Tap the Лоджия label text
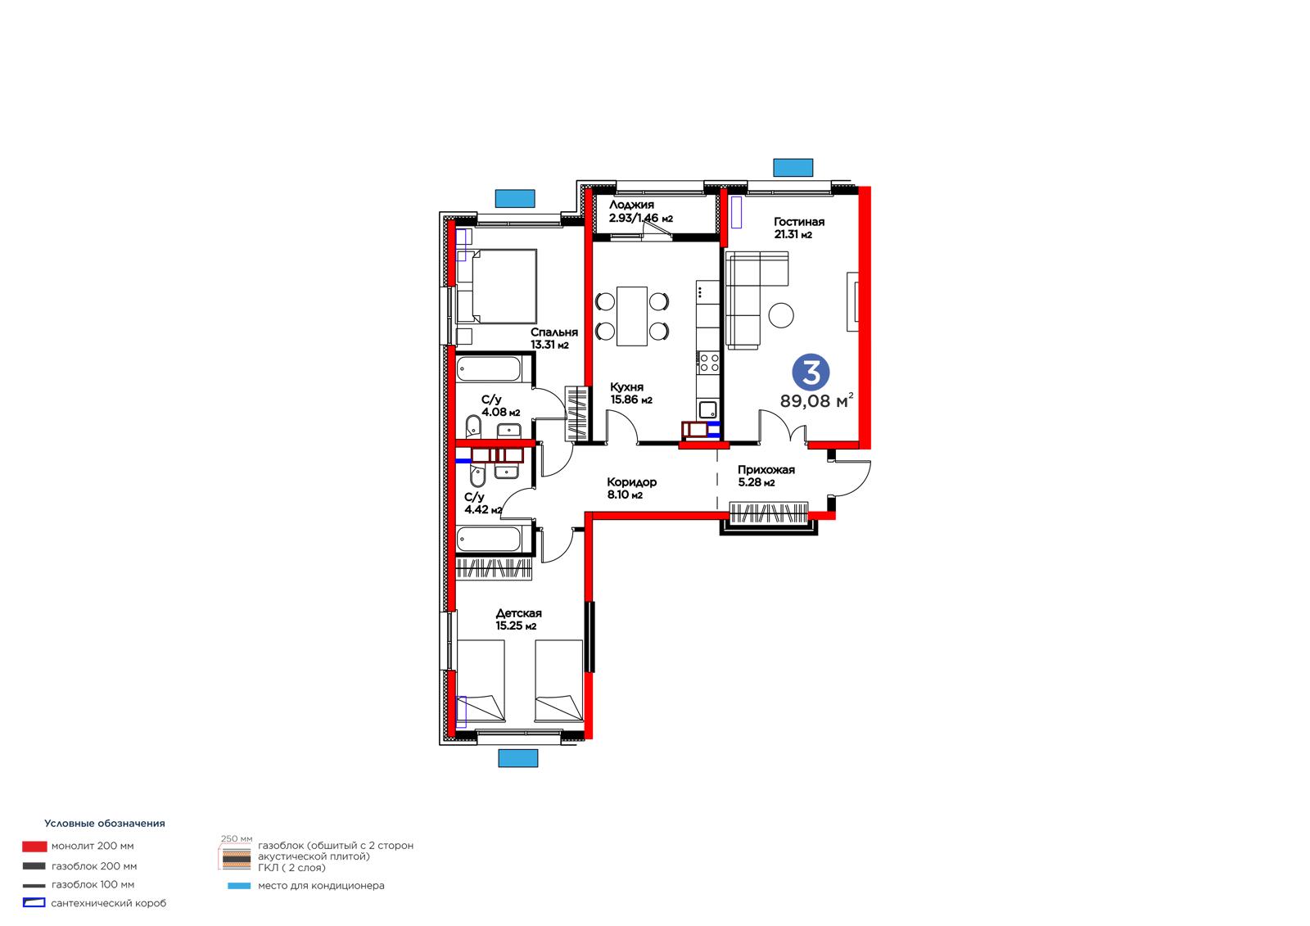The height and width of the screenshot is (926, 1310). click(x=631, y=205)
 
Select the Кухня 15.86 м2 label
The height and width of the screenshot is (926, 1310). click(x=631, y=394)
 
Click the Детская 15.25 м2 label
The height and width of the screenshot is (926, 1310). click(x=519, y=619)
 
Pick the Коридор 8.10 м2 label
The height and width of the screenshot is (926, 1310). click(x=631, y=488)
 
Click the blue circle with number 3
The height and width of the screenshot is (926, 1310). click(x=811, y=372)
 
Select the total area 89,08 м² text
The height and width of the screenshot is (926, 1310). click(x=816, y=400)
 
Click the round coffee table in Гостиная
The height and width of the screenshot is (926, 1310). click(x=781, y=315)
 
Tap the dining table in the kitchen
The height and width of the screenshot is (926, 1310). click(x=631, y=316)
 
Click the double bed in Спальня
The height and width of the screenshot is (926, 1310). click(x=496, y=286)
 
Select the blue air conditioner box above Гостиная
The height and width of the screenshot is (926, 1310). click(x=793, y=167)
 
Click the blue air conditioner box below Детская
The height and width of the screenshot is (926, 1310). click(x=517, y=758)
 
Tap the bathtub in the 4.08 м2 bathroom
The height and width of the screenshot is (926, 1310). click(x=489, y=370)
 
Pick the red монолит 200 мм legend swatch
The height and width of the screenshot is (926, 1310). click(x=34, y=847)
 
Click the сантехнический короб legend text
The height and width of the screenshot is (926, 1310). click(x=109, y=903)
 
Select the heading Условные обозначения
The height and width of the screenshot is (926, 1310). click(x=105, y=823)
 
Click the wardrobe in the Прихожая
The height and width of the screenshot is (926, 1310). click(x=769, y=513)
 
